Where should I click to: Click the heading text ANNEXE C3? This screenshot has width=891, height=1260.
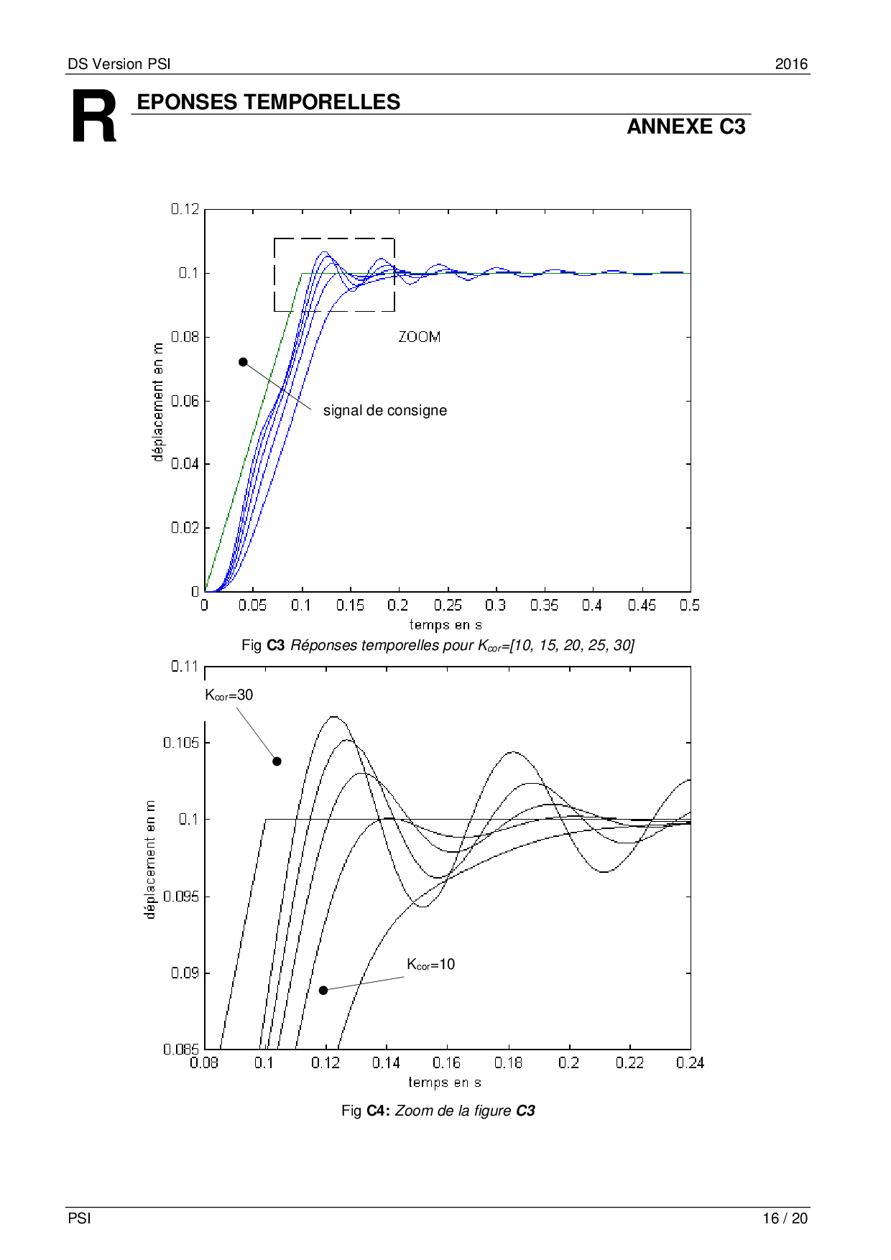tap(686, 127)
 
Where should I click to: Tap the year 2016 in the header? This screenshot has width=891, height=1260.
tap(791, 64)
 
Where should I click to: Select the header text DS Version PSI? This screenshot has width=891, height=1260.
tap(119, 64)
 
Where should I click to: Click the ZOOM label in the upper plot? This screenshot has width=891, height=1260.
tap(420, 337)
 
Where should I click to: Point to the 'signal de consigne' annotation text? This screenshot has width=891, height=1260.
tap(385, 411)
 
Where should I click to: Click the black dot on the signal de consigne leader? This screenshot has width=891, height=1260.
tap(243, 362)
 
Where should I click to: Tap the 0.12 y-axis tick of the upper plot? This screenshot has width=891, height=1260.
tap(185, 209)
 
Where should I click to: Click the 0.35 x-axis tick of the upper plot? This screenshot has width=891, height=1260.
tap(544, 606)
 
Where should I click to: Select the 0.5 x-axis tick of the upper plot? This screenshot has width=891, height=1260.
tap(690, 606)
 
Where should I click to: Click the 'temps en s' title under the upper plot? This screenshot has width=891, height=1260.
tap(445, 625)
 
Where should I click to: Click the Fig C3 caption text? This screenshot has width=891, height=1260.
tap(438, 646)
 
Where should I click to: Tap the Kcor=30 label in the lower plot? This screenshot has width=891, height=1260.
tap(229, 695)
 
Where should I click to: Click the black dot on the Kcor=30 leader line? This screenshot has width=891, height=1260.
tap(277, 761)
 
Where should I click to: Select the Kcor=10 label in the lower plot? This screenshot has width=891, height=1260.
tap(431, 965)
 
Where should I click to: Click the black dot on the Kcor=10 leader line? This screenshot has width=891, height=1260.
tap(323, 991)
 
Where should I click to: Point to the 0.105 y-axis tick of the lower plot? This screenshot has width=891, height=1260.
tap(181, 743)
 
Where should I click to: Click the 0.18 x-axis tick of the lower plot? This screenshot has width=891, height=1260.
tap(508, 1063)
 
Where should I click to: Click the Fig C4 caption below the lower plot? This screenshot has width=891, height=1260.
tap(438, 1111)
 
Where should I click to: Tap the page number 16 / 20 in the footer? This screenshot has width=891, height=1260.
tap(785, 1218)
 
